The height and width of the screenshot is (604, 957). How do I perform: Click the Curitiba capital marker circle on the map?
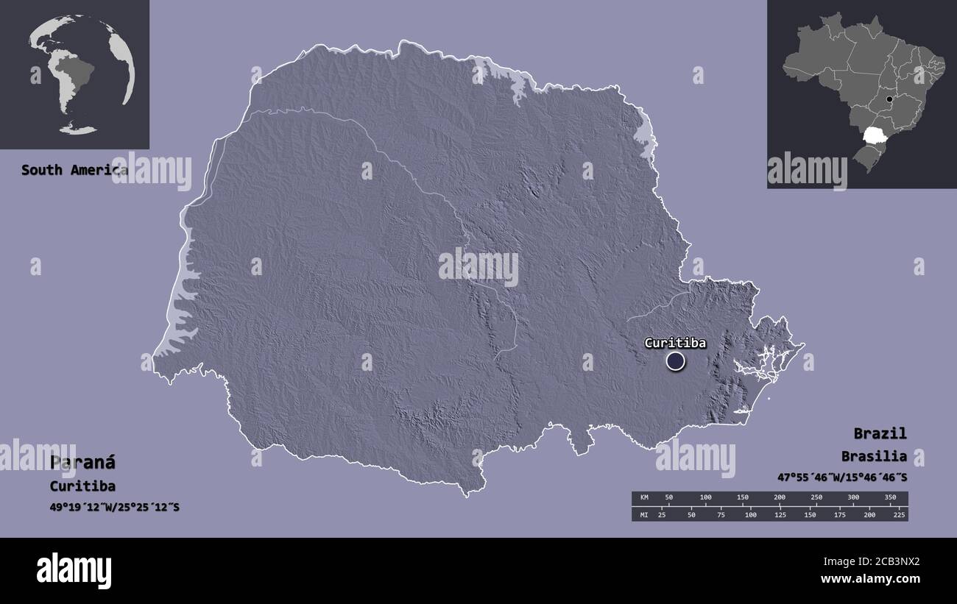pyautogui.click(x=675, y=361)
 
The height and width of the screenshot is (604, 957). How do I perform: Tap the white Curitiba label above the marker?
pyautogui.click(x=675, y=343)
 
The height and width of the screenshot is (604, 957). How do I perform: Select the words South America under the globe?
pyautogui.click(x=74, y=170)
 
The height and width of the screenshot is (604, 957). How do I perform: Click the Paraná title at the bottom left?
pyautogui.click(x=82, y=463)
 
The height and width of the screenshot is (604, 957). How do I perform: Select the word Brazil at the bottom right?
pyautogui.click(x=880, y=433)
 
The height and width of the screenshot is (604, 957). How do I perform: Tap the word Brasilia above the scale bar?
pyautogui.click(x=874, y=456)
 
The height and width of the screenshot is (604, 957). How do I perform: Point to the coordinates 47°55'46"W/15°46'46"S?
pyautogui.click(x=842, y=477)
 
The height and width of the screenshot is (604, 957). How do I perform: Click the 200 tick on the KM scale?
pyautogui.click(x=780, y=498)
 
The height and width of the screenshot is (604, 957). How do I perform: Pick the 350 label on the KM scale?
pyautogui.click(x=890, y=498)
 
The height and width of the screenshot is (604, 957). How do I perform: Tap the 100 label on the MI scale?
pyautogui.click(x=750, y=514)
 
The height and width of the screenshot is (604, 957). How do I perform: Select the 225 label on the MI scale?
pyautogui.click(x=899, y=514)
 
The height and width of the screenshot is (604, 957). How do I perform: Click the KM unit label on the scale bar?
pyautogui.click(x=644, y=498)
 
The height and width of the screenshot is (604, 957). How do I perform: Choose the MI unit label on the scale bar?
pyautogui.click(x=644, y=514)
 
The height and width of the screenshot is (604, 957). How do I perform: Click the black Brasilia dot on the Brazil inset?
pyautogui.click(x=889, y=99)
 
